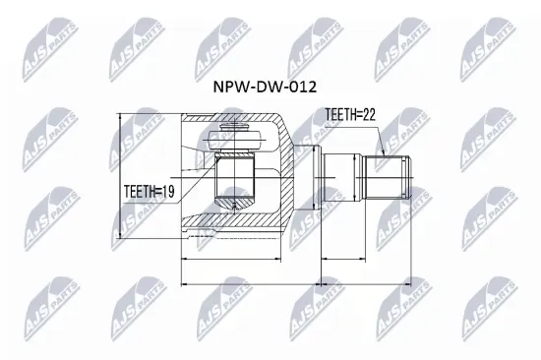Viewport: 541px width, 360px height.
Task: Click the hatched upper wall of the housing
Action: point(275,126)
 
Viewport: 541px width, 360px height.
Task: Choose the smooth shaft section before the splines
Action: point(340,178)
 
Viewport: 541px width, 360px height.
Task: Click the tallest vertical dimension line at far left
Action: point(118,177)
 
